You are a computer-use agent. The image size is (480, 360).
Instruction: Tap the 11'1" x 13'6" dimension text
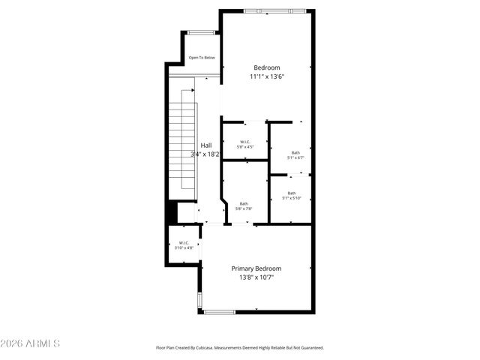[x=266, y=76]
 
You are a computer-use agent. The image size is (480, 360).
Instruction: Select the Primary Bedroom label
[x=256, y=268]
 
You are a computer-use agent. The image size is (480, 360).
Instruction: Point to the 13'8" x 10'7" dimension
[x=256, y=278]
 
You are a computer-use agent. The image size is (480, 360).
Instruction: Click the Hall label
[x=205, y=145]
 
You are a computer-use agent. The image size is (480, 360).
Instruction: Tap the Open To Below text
[x=202, y=58]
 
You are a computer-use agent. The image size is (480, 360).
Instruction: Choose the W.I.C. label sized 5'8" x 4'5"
[x=245, y=142]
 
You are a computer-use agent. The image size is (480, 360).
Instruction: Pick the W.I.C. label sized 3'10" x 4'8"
[x=184, y=242]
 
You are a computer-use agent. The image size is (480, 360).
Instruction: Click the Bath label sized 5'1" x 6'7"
[x=295, y=153]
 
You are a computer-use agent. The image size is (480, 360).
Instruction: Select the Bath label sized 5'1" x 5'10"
[x=291, y=193]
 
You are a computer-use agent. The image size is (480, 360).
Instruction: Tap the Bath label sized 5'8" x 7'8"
[x=244, y=204]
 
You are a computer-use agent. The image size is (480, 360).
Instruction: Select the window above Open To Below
[x=199, y=32]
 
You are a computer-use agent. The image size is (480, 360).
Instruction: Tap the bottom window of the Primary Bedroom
[x=219, y=312]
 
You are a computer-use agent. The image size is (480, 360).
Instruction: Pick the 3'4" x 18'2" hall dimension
[x=205, y=154]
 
